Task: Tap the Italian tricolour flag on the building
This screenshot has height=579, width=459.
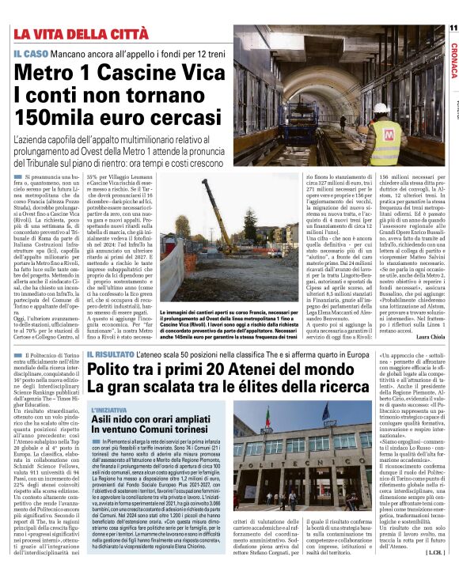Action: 325,414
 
